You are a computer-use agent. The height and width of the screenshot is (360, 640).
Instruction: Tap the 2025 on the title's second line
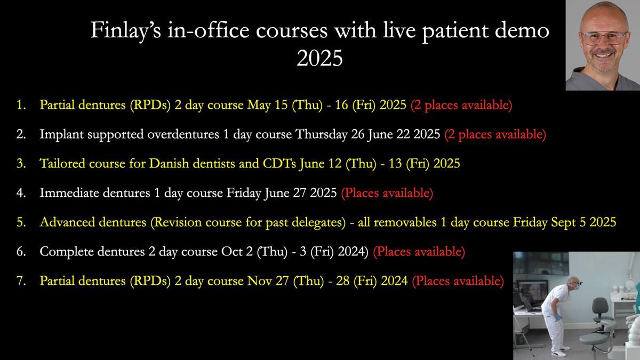[319, 58]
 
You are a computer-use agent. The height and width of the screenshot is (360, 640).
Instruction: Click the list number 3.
[21, 164]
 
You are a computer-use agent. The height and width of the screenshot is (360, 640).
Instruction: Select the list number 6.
[21, 252]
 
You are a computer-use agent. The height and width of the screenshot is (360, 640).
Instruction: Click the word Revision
[175, 222]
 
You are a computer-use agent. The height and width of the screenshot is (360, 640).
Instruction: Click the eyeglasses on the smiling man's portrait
[604, 38]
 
